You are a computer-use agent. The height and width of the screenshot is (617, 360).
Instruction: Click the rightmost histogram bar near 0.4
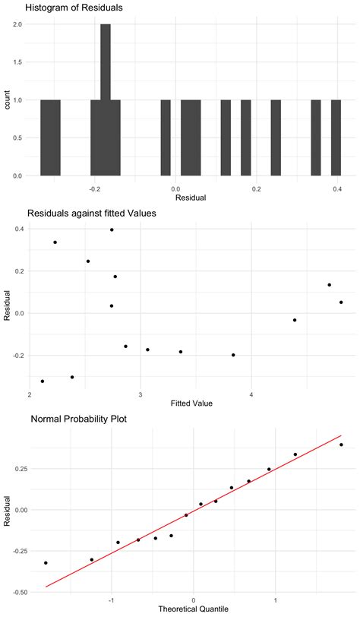(x=336, y=138)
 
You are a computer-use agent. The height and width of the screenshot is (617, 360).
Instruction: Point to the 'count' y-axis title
(x=7, y=100)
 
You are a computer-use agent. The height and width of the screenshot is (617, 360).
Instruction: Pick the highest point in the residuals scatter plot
(x=112, y=229)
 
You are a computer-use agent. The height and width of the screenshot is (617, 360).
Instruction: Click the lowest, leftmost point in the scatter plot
(x=43, y=381)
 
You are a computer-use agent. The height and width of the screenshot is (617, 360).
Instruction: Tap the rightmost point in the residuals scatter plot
(x=341, y=302)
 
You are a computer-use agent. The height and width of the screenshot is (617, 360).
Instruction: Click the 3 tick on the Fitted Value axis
(x=141, y=394)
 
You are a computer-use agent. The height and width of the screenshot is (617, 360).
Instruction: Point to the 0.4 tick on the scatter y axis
(x=18, y=229)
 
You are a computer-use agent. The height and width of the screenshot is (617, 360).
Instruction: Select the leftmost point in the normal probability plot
(x=46, y=563)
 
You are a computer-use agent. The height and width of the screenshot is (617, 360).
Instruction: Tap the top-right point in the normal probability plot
(x=341, y=445)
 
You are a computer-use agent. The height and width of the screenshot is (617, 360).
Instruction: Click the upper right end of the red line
(x=342, y=436)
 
